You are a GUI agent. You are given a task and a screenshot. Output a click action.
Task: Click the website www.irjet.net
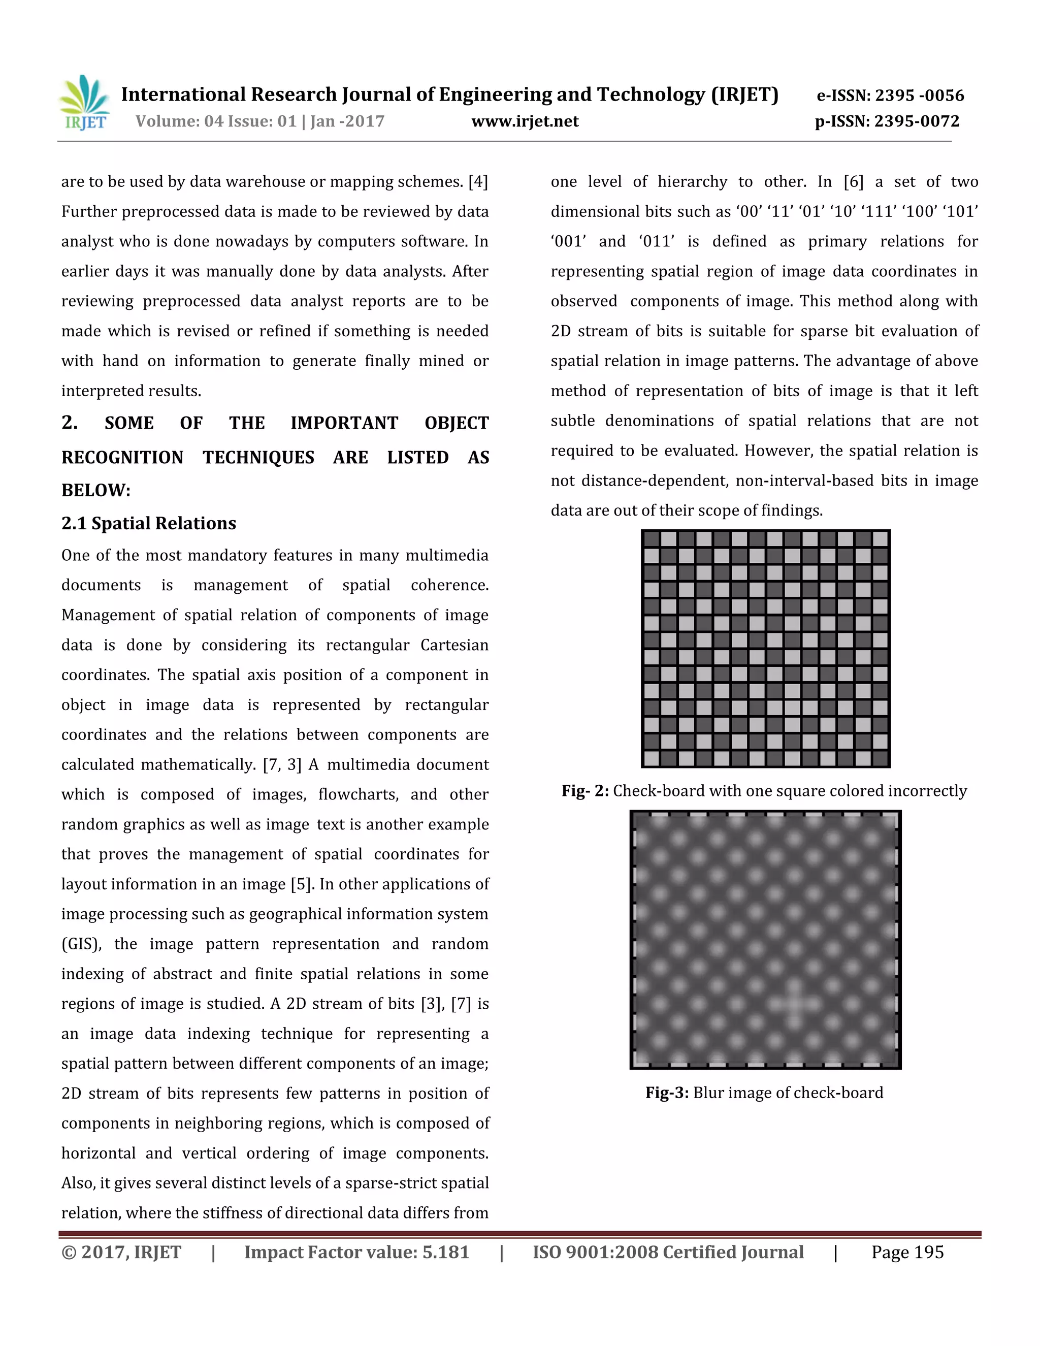pos(525,121)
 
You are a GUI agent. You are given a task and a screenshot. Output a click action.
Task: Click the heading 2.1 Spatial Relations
pos(148,523)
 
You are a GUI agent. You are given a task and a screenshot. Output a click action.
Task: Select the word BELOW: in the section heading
pos(95,491)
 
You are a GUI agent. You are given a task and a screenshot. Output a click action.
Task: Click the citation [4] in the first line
pos(477,182)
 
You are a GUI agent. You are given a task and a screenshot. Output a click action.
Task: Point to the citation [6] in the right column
pos(853,182)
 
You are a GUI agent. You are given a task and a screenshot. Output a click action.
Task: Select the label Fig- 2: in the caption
pos(584,791)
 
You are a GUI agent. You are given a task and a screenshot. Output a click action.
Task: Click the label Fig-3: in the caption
pos(667,1093)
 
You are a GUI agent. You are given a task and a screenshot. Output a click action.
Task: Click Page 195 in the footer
pos(907,1253)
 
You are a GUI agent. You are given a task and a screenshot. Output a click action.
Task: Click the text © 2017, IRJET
pos(121,1253)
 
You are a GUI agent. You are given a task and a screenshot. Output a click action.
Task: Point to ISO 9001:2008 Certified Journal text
pos(668,1253)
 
